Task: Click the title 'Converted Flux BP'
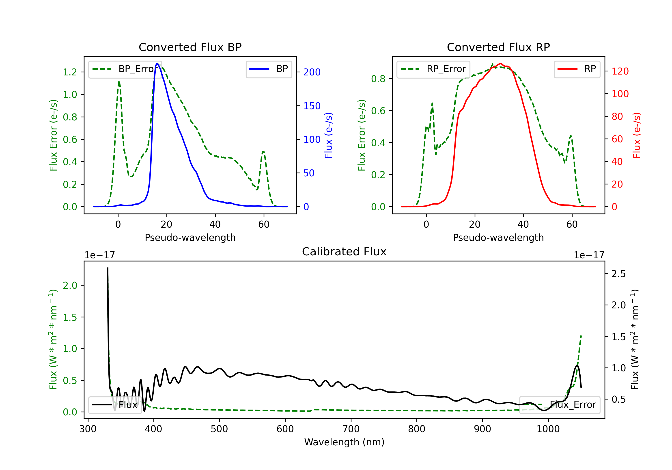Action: pyautogui.click(x=190, y=47)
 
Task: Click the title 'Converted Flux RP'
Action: pyautogui.click(x=498, y=47)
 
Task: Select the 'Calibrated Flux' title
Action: pyautogui.click(x=344, y=252)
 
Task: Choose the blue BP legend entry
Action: pyautogui.click(x=269, y=69)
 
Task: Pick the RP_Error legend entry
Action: pyautogui.click(x=433, y=69)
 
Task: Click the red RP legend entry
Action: pyautogui.click(x=577, y=69)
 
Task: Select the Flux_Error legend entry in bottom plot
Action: pyautogui.click(x=560, y=405)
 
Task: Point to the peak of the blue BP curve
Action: pyautogui.click(x=157, y=64)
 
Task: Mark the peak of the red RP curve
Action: pyautogui.click(x=500, y=64)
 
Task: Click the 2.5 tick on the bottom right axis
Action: pyautogui.click(x=619, y=274)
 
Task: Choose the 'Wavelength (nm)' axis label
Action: pyautogui.click(x=344, y=442)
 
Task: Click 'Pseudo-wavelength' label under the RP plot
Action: pyautogui.click(x=498, y=237)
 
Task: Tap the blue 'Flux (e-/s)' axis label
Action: pyautogui.click(x=328, y=135)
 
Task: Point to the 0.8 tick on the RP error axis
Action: pyautogui.click(x=378, y=79)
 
